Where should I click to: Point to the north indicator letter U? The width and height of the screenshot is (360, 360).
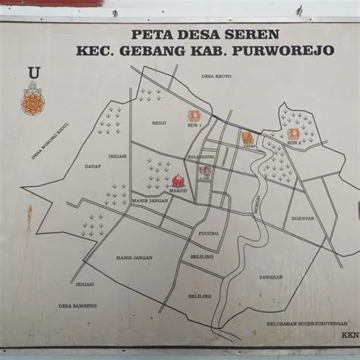click(x=33, y=72)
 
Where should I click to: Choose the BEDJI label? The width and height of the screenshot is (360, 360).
click(x=158, y=122)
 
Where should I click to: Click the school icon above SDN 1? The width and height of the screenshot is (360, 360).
click(x=194, y=116)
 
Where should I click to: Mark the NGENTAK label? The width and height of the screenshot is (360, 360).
click(x=303, y=218)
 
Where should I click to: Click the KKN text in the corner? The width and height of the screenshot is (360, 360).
click(x=349, y=334)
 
